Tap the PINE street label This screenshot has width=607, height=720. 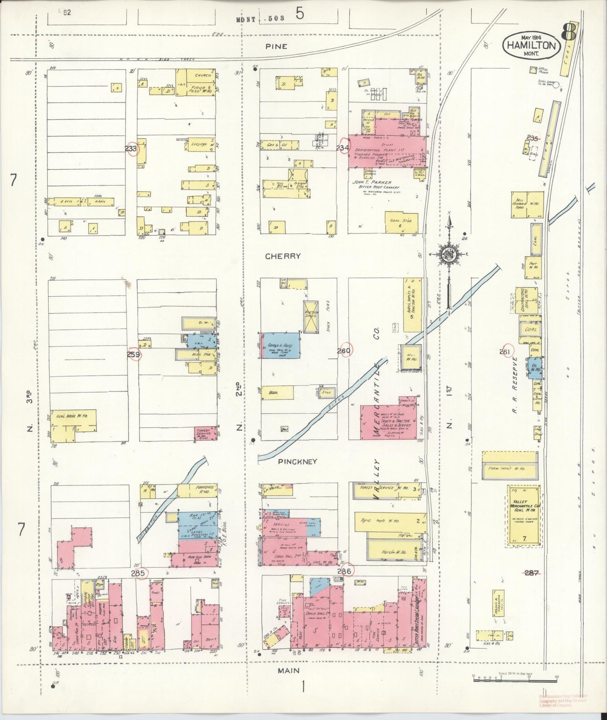[276, 47]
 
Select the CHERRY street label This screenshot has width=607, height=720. [284, 256]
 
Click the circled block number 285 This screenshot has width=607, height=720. [140, 573]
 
